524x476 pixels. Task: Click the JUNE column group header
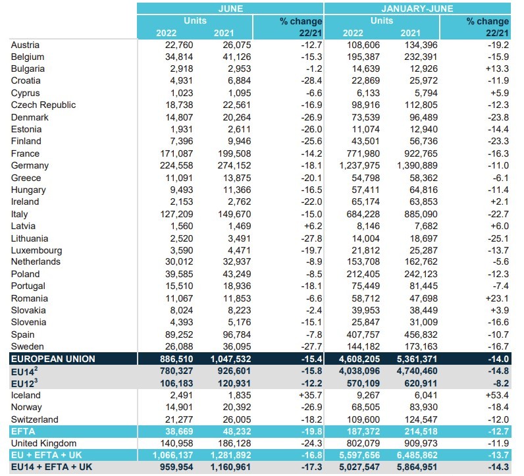pos(230,9)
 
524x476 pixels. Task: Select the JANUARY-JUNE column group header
pos(417,9)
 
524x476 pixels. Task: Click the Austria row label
pos(26,45)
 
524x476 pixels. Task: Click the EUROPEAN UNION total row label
pos(53,359)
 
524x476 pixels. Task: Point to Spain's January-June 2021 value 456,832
pos(419,334)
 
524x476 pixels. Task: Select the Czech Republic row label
pos(43,105)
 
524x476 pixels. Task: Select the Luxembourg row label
pos(37,250)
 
